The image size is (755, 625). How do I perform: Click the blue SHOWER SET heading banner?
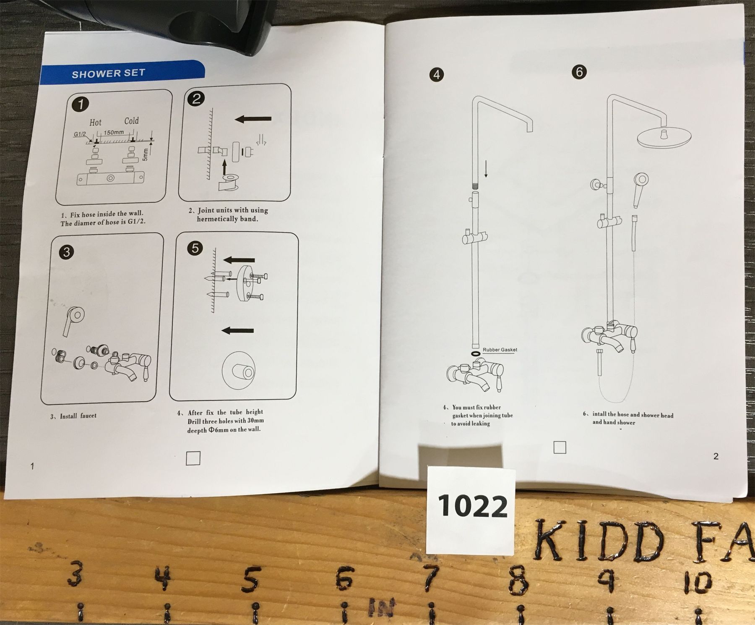pyautogui.click(x=122, y=74)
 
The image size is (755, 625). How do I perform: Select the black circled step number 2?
pyautogui.click(x=196, y=99)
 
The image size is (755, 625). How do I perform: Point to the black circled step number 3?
pyautogui.click(x=66, y=252)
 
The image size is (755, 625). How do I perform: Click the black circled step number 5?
pyautogui.click(x=195, y=248)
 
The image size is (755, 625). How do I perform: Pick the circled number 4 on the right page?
pyautogui.click(x=437, y=75)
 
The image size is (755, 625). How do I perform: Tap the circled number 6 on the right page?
pyautogui.click(x=579, y=72)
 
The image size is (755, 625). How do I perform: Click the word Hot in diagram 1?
pyautogui.click(x=95, y=123)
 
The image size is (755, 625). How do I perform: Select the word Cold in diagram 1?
pyautogui.click(x=131, y=121)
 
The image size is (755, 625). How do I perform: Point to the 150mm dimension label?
pyautogui.click(x=114, y=133)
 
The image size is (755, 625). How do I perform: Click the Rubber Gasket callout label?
pyautogui.click(x=500, y=350)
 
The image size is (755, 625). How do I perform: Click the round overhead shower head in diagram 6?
pyautogui.click(x=664, y=137)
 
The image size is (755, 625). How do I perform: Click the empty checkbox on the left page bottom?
pyautogui.click(x=193, y=458)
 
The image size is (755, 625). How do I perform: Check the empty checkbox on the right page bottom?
pyautogui.click(x=560, y=447)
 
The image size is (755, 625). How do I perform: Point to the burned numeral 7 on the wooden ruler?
pyautogui.click(x=429, y=577)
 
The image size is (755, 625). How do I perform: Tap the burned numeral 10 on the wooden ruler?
pyautogui.click(x=698, y=581)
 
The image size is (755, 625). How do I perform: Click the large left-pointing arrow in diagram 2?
pyautogui.click(x=253, y=120)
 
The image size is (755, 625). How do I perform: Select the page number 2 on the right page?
pyautogui.click(x=716, y=456)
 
